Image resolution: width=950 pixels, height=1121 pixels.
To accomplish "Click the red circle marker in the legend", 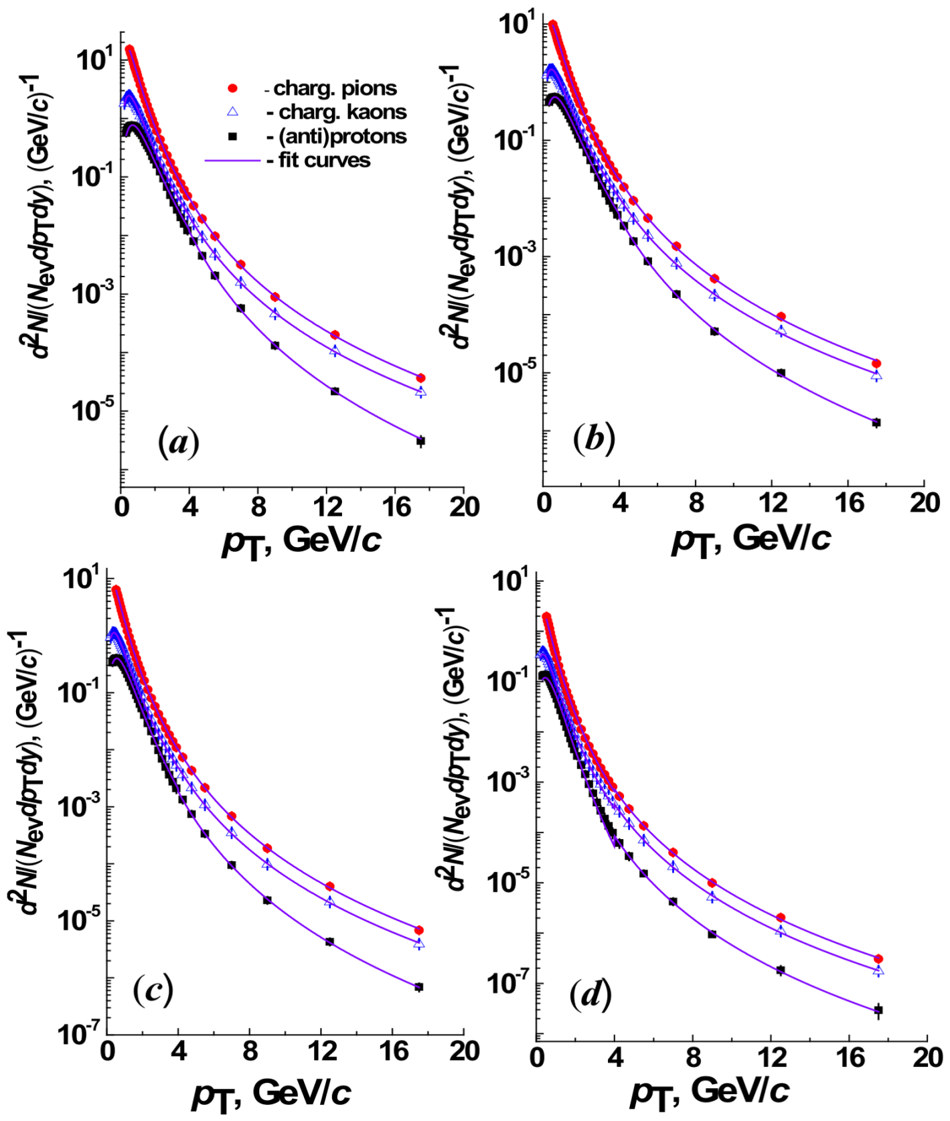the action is tap(232, 88).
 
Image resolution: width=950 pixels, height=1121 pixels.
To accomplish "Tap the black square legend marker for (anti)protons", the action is tap(232, 136).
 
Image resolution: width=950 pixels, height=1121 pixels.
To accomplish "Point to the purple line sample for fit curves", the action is tap(232, 161).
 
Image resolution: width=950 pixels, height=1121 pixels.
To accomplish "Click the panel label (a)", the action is tap(179, 443).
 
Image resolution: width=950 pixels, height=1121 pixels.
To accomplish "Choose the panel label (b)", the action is tap(595, 439).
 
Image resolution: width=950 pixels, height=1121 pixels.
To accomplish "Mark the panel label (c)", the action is tap(153, 990).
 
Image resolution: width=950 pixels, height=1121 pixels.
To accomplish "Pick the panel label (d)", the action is tap(590, 995).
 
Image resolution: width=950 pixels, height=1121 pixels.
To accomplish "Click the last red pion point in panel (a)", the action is tap(420, 378).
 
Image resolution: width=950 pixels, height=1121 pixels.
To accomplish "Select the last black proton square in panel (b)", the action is tap(876, 423).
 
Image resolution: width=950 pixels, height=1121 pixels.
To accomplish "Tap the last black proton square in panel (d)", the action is tap(879, 1010).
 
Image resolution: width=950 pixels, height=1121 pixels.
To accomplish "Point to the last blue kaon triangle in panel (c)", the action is tap(419, 944).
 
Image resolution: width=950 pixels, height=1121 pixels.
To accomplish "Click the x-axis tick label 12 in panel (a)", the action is tap(328, 507).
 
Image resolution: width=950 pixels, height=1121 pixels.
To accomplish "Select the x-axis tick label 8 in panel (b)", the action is tap(696, 502).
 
